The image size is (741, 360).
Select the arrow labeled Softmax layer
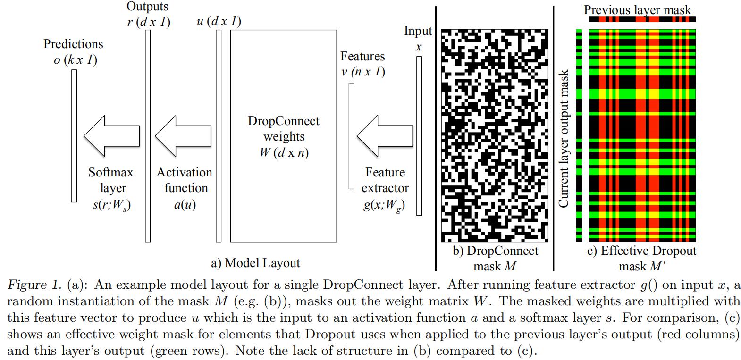pos(111,136)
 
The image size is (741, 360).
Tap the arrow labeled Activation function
pos(183,136)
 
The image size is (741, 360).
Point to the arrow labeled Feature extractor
pos(385,136)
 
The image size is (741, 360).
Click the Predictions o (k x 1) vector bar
pos(74,136)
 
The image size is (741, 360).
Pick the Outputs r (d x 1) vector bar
pos(148,136)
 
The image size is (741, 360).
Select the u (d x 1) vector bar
pos(219,136)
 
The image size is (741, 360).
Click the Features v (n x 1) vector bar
pos(352,136)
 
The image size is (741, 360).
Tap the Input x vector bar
pos(419,136)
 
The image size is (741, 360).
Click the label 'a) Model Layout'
pos(255,263)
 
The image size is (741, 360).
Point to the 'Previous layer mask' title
pos(637,9)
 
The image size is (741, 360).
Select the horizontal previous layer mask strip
pos(642,20)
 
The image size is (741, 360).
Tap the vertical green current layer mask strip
pos(579,136)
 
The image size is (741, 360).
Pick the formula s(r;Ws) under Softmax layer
pos(111,205)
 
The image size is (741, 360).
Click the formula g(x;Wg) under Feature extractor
pos(384,206)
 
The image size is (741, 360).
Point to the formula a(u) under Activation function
pos(185,205)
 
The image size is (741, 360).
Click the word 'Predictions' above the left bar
pos(73,44)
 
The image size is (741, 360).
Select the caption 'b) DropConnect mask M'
pos(495,258)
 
